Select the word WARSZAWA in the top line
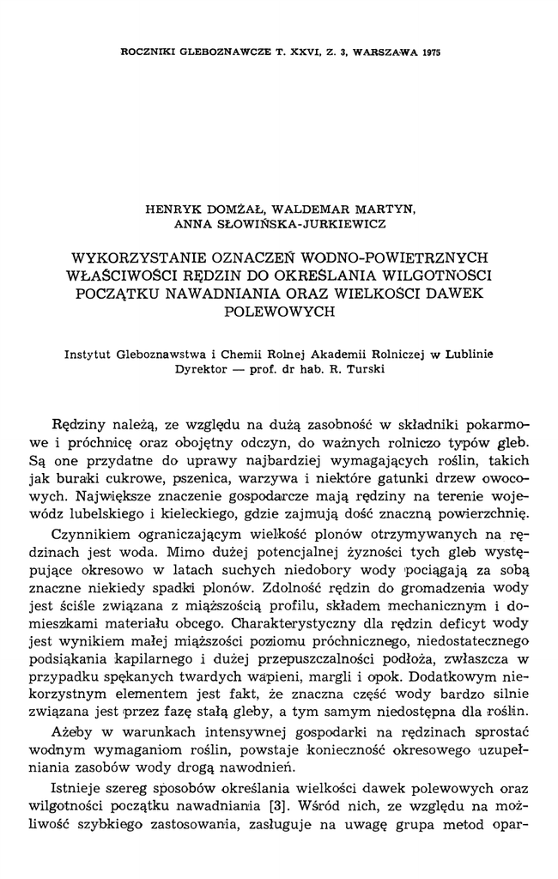coord(379,52)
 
